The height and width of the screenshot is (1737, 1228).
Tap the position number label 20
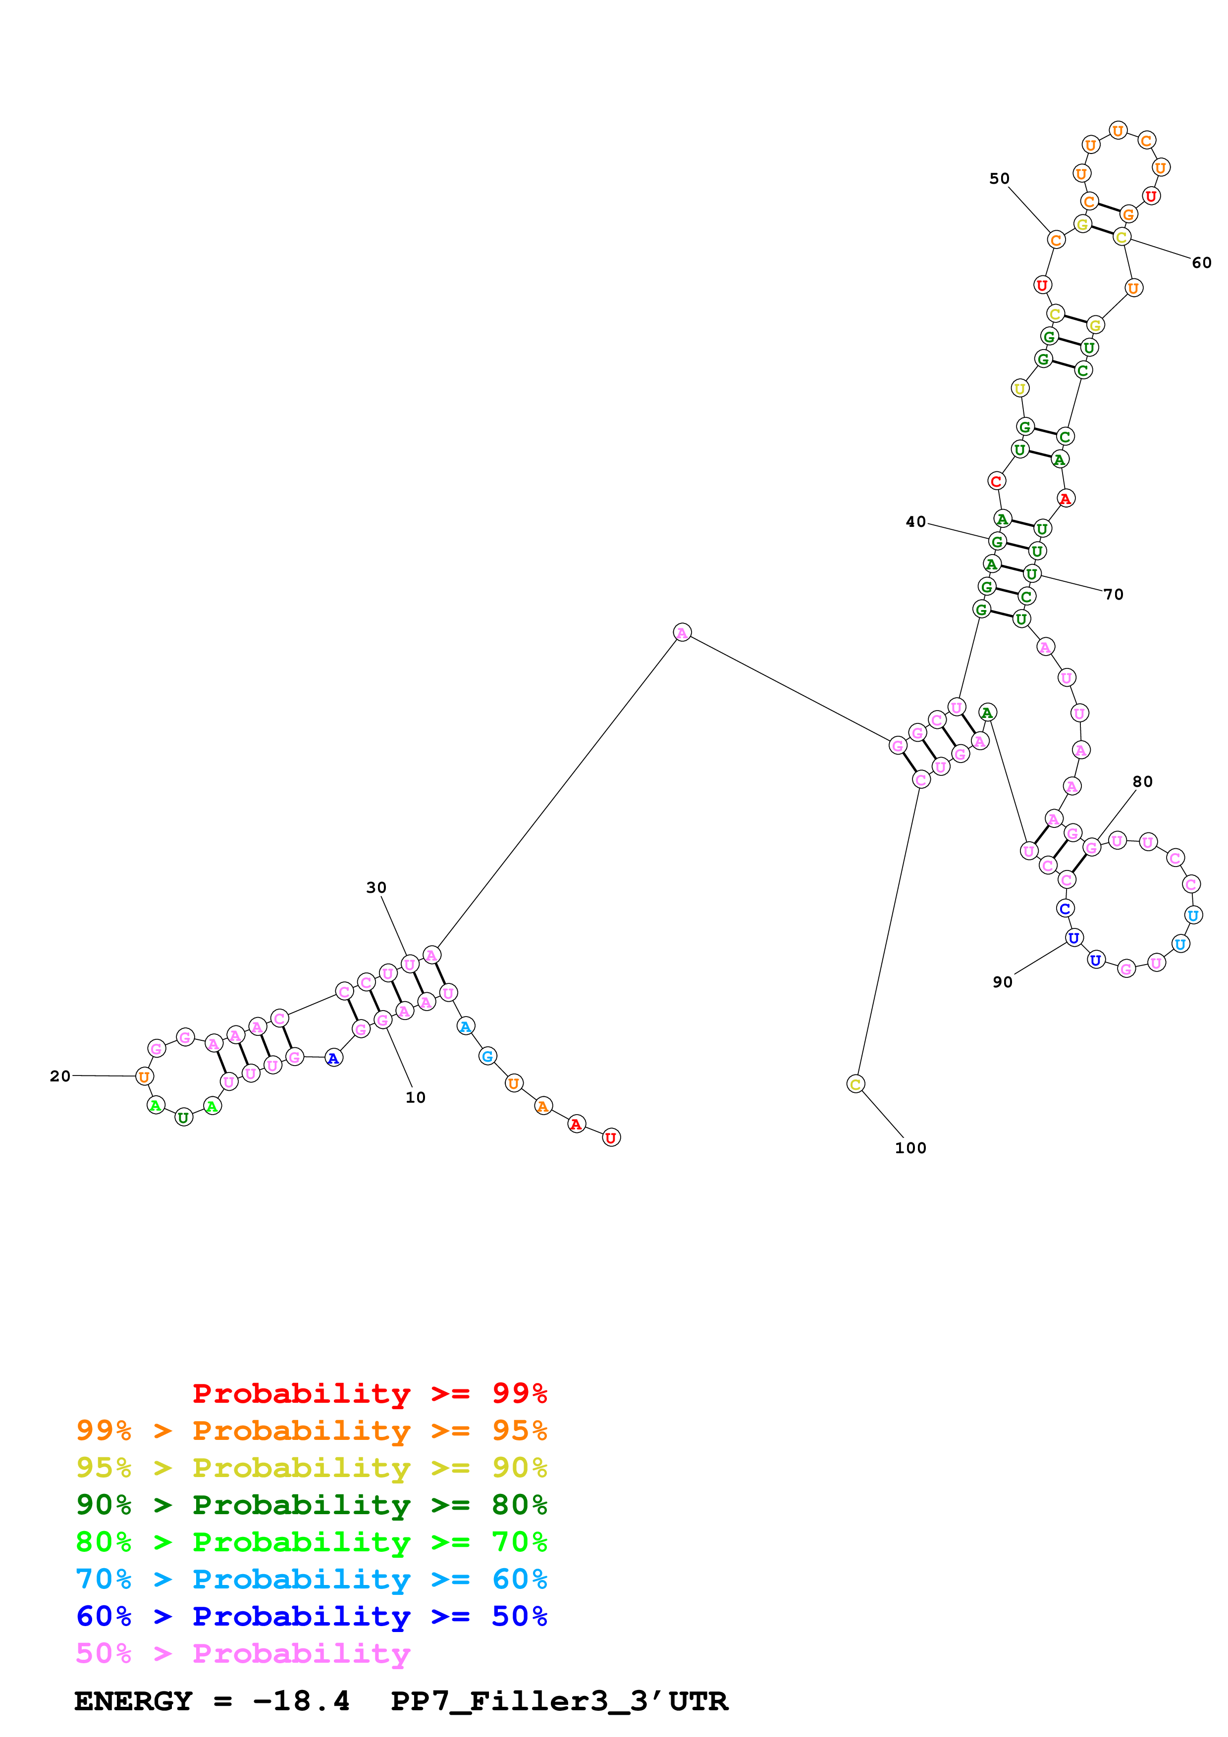pyautogui.click(x=60, y=1076)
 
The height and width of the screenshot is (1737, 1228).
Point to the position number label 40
pyautogui.click(x=915, y=522)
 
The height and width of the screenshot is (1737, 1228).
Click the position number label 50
pyautogui.click(x=1000, y=179)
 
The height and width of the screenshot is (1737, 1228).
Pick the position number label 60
pyautogui.click(x=1202, y=262)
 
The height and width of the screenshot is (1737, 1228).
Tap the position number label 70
pyautogui.click(x=1113, y=595)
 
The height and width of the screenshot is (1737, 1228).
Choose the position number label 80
pyautogui.click(x=1142, y=781)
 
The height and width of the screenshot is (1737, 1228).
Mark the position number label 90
pyautogui.click(x=1003, y=982)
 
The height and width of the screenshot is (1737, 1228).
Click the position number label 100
pyautogui.click(x=910, y=1148)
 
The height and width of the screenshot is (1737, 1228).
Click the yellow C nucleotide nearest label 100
pyautogui.click(x=855, y=1084)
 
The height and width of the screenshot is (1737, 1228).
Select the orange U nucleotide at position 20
pyautogui.click(x=144, y=1076)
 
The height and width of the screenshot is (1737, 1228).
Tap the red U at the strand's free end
pyautogui.click(x=611, y=1137)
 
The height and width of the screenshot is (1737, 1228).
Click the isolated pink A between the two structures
pyautogui.click(x=682, y=632)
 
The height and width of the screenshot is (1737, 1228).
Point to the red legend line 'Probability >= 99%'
pyautogui.click(x=369, y=1393)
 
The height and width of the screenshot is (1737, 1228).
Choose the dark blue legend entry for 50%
pyautogui.click(x=312, y=1616)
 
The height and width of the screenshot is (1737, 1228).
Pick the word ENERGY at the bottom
pyautogui.click(x=133, y=1701)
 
